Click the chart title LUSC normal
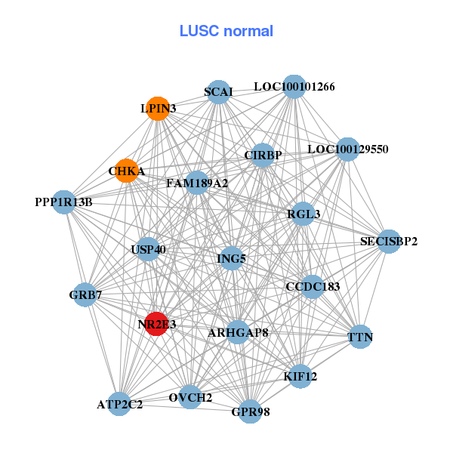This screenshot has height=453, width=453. pos(226,31)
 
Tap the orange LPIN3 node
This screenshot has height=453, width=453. pos(157,109)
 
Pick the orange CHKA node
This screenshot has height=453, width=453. pos(127,171)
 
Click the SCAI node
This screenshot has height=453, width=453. pos(218,92)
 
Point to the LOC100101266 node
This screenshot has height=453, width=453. pos(294,87)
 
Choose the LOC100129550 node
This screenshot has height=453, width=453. pos(347,149)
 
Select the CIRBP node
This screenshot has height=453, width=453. pos(263,156)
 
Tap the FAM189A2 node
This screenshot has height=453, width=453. pos(196,182)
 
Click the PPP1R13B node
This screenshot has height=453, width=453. pos(64,202)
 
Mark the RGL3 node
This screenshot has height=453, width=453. pos(304,214)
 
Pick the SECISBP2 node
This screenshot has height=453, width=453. pos(388,242)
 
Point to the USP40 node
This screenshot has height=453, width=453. pos(148,249)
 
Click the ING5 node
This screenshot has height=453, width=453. pos(231,259)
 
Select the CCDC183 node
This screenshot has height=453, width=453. pos(313,287)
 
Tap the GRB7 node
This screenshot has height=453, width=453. pos(85,294)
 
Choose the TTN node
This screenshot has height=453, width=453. pos(360,336)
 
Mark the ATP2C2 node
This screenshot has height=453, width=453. pos(119,404)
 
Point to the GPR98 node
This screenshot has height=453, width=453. pos(251,411)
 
